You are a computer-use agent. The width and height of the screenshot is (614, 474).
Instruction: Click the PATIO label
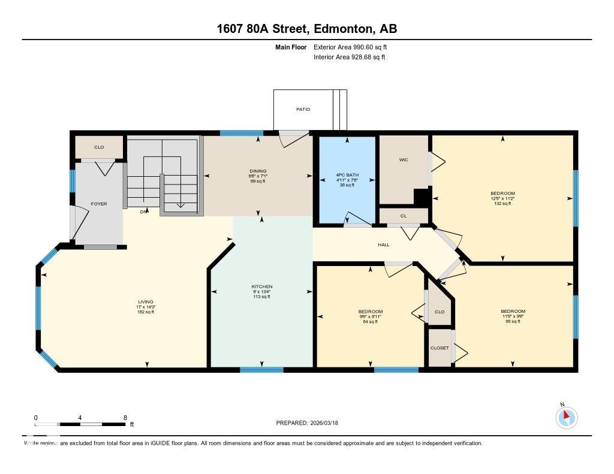[303, 109]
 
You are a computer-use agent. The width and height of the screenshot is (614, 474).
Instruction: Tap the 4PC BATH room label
[346, 175]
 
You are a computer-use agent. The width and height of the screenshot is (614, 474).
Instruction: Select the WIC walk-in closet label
[404, 159]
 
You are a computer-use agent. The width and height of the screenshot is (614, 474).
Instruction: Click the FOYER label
[99, 204]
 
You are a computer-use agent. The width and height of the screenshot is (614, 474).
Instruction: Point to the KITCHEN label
[261, 286]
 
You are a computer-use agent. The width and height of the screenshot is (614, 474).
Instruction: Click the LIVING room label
[145, 301]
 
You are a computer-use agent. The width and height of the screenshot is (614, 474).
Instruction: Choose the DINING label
[258, 171]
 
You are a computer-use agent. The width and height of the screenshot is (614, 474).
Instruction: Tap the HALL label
[384, 244]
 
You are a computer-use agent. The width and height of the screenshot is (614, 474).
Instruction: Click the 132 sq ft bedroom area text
[502, 204]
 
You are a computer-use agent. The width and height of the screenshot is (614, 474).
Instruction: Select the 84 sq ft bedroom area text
[370, 322]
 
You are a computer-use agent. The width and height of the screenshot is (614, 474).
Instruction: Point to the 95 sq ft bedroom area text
[513, 322]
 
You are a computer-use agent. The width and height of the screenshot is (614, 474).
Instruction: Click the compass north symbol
[566, 417]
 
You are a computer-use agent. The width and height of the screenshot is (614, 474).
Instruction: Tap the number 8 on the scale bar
[125, 418]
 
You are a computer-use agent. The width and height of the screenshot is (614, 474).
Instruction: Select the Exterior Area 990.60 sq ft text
[354, 47]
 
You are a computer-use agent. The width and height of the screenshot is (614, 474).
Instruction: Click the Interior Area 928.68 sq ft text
[349, 58]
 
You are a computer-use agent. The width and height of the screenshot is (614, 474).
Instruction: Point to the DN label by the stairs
[144, 212]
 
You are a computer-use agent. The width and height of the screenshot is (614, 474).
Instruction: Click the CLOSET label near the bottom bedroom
[440, 348]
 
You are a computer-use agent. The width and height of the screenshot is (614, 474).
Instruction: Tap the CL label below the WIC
[404, 216]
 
